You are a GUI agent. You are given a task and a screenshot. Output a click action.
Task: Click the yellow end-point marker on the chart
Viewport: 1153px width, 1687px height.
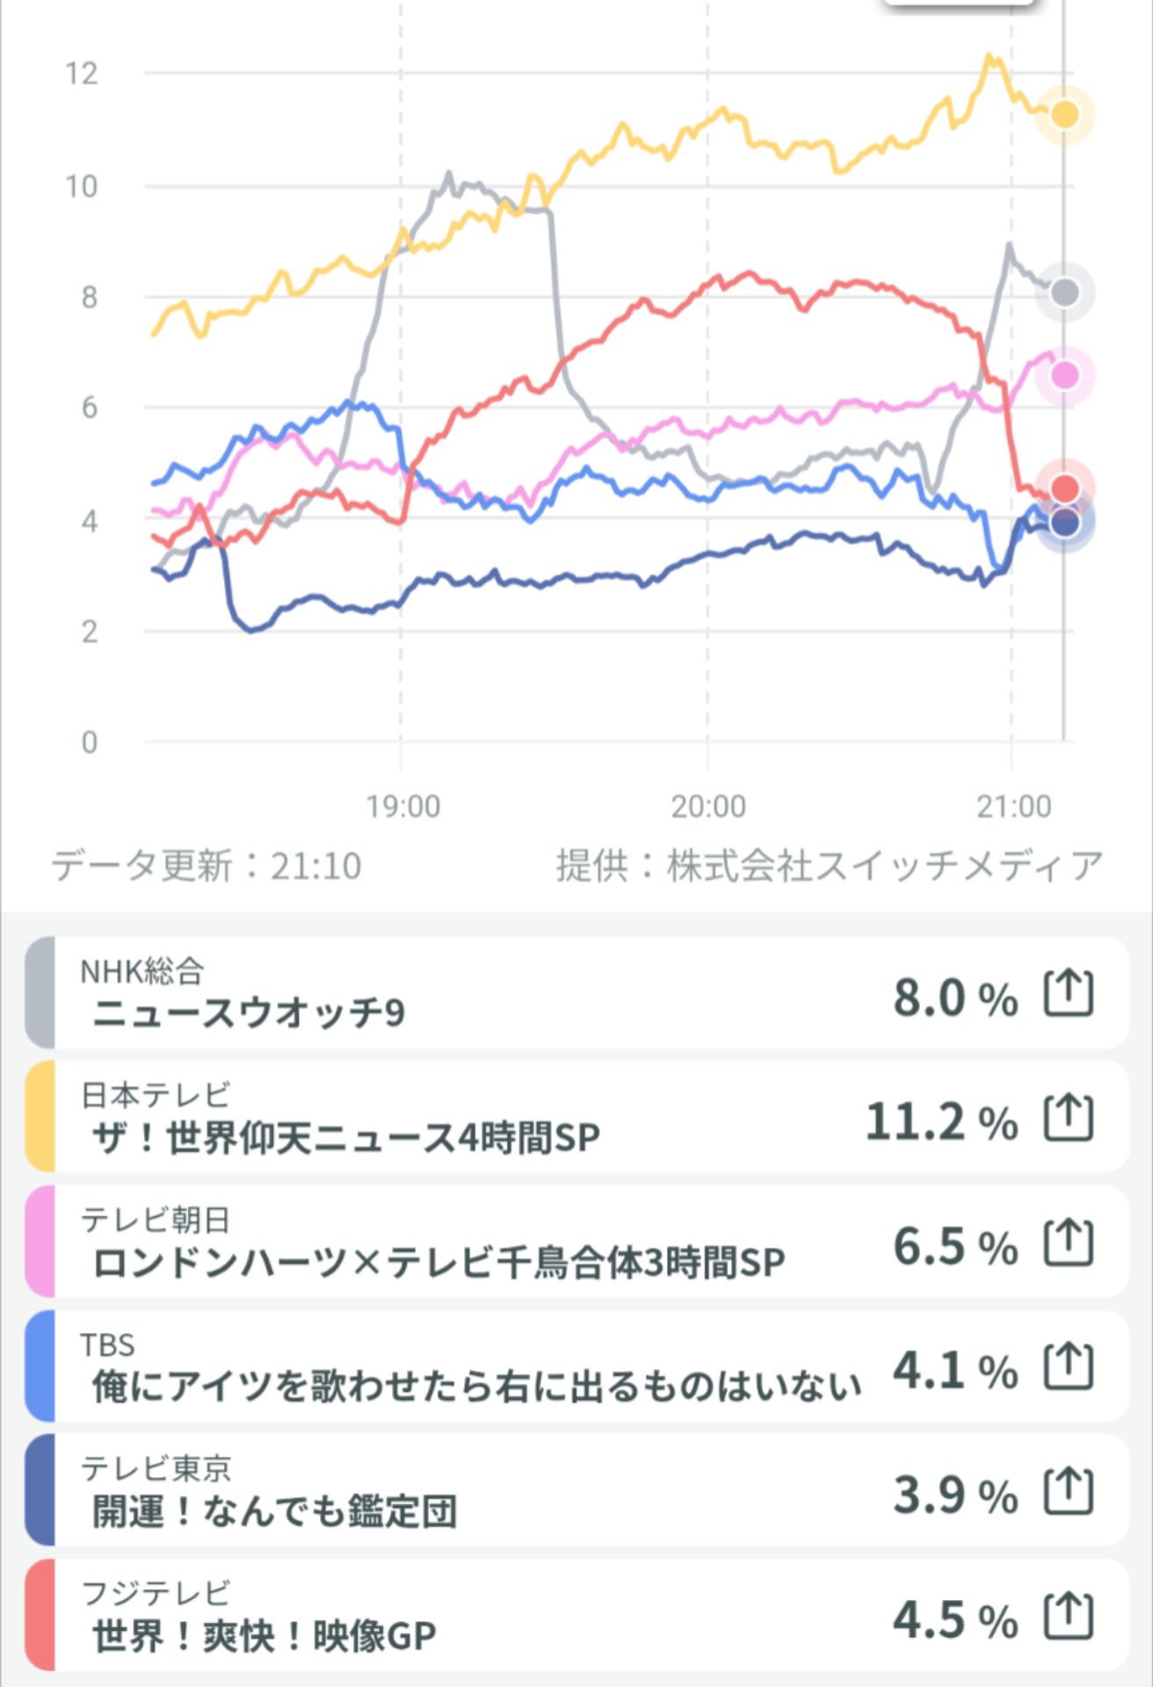[1064, 114]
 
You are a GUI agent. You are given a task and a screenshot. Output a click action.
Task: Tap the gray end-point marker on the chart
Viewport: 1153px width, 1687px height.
[1064, 293]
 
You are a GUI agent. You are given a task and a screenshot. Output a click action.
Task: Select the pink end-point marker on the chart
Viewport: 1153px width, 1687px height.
[1064, 375]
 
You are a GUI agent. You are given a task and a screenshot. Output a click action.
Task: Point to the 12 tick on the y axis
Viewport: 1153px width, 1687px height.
[82, 74]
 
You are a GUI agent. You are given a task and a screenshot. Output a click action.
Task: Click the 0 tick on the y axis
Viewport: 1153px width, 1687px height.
[89, 742]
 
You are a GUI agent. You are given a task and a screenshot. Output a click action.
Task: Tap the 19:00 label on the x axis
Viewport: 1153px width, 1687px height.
[402, 806]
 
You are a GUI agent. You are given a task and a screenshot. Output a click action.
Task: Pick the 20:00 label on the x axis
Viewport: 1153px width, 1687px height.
[708, 806]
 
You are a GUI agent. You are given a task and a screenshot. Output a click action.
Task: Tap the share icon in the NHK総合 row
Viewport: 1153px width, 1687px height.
[1069, 994]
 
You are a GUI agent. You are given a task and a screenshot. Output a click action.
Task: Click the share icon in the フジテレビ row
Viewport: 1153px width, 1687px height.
[1069, 1616]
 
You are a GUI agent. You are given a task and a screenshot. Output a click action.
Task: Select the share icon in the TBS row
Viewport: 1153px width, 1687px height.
[1069, 1366]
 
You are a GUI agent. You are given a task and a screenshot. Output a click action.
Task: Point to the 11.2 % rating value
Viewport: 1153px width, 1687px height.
[941, 1122]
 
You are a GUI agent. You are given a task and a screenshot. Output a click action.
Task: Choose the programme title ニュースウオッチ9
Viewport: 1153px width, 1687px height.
[249, 1013]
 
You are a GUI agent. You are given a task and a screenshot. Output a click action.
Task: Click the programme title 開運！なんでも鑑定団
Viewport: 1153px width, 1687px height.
[274, 1511]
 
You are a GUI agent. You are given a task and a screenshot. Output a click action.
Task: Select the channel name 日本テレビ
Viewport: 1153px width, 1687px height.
[156, 1095]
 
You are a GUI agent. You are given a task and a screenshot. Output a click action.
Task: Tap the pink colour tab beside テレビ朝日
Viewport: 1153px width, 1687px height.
[40, 1242]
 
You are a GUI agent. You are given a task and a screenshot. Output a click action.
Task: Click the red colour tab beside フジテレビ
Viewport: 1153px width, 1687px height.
[40, 1615]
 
